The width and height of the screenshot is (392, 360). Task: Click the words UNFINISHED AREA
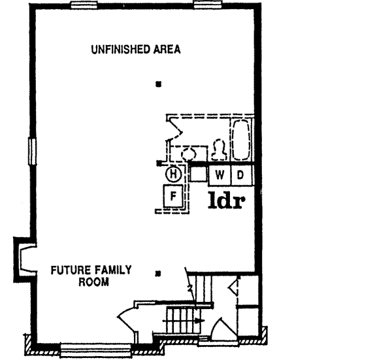pyautogui.click(x=135, y=50)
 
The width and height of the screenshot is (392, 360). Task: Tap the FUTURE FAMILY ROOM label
pyautogui.click(x=92, y=276)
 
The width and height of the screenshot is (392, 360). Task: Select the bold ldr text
pyautogui.click(x=226, y=200)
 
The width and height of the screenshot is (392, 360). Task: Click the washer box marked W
pyautogui.click(x=220, y=175)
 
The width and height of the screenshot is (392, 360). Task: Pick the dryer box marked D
pyautogui.click(x=240, y=175)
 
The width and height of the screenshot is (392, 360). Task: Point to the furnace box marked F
pyautogui.click(x=174, y=195)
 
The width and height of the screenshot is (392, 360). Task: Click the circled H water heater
pyautogui.click(x=172, y=174)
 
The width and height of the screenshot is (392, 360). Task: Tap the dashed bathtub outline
pyautogui.click(x=240, y=139)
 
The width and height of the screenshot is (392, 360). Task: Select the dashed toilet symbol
pyautogui.click(x=220, y=150)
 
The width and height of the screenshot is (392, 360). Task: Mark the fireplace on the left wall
pyautogui.click(x=24, y=257)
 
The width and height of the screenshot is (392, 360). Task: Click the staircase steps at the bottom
pyautogui.click(x=178, y=320)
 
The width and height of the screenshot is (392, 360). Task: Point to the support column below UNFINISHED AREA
pyautogui.click(x=157, y=84)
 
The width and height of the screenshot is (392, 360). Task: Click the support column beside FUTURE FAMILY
pyautogui.click(x=157, y=273)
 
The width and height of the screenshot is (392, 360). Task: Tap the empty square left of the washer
pyautogui.click(x=197, y=175)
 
